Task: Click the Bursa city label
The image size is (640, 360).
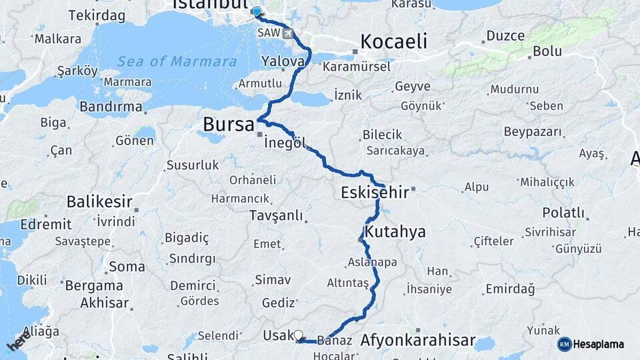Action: [x=229, y=125]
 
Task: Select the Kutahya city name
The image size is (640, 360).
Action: [x=395, y=232]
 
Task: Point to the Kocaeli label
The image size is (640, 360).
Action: [x=393, y=42]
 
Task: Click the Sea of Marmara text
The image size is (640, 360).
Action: [x=177, y=61]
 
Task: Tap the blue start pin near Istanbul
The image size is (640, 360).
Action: [x=257, y=11]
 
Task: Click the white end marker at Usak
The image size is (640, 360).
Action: [x=298, y=335]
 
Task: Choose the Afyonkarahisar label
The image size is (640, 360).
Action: [x=418, y=341]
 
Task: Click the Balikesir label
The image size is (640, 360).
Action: [x=99, y=201]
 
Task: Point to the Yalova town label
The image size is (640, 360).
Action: [x=283, y=61]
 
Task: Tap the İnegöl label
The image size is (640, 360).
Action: [x=285, y=143]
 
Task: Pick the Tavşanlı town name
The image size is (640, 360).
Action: [x=275, y=216]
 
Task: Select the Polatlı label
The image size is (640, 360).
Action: [x=563, y=213]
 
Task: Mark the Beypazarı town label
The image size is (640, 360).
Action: [x=533, y=132]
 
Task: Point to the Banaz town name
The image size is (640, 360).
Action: [x=335, y=341]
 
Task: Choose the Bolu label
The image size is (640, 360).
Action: [x=547, y=51]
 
